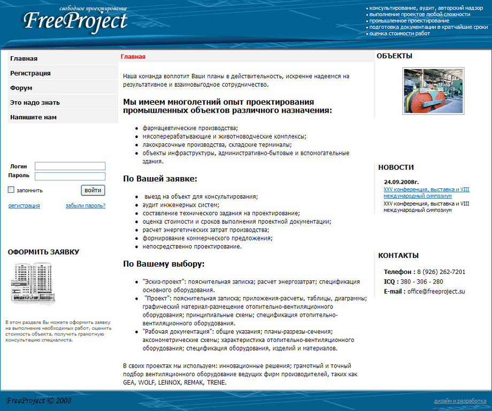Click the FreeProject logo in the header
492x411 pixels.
point(75,21)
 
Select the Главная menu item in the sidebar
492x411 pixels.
point(24,58)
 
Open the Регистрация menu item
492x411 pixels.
point(30,73)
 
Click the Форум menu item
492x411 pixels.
point(21,88)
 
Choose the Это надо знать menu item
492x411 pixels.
point(35,102)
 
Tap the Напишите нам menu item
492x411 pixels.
point(33,117)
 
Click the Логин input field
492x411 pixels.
point(70,166)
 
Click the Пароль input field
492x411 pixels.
point(70,176)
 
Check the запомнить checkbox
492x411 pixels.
point(11,189)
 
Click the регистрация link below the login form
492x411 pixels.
point(24,205)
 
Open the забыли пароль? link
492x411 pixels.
point(86,205)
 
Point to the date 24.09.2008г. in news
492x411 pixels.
point(401,182)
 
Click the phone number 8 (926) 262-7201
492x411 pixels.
point(441,272)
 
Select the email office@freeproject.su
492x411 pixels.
point(436,292)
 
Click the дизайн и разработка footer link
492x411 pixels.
point(460,401)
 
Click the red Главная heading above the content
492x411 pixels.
point(133,57)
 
